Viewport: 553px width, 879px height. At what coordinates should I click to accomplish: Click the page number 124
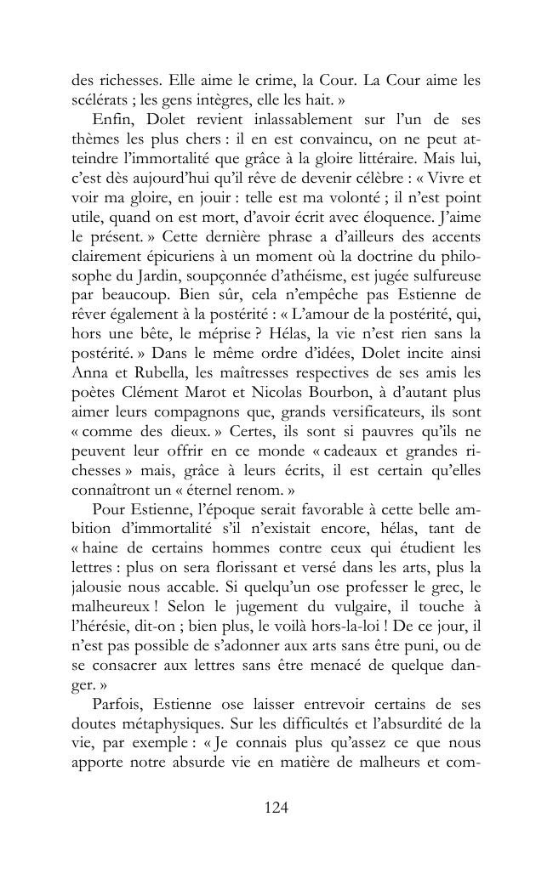click(276, 808)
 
